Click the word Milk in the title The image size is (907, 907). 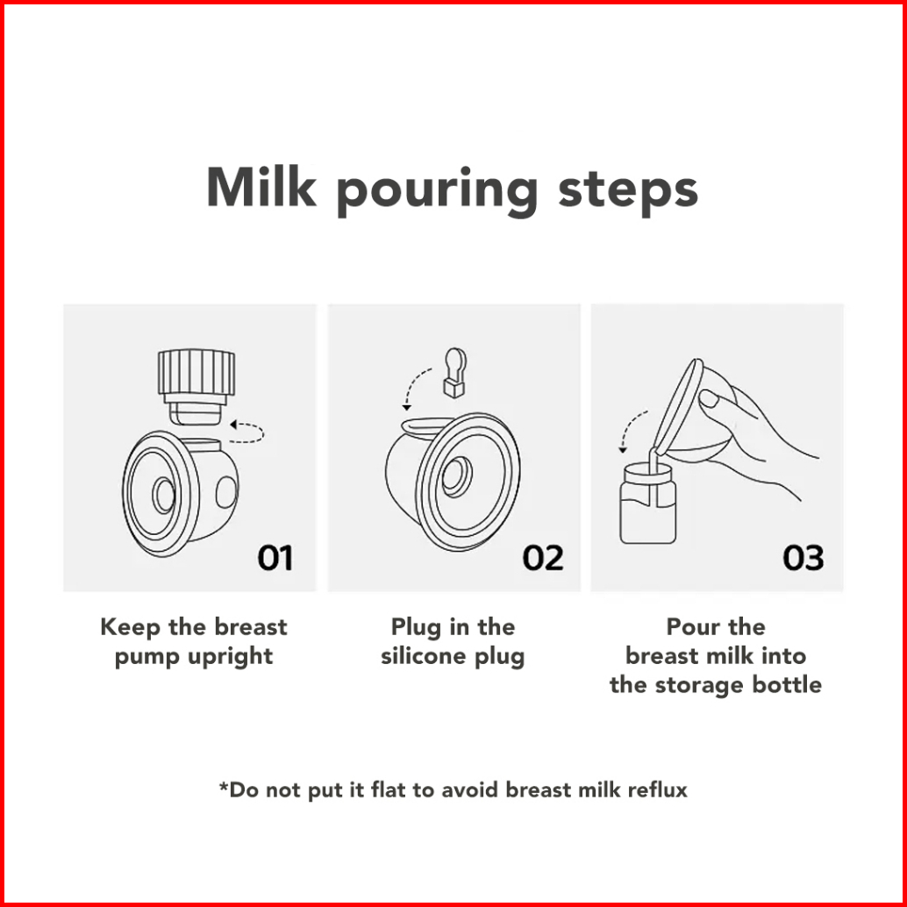(x=261, y=188)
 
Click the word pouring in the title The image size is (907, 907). (x=437, y=192)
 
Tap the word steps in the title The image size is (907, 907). (x=627, y=192)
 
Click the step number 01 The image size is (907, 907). (x=275, y=558)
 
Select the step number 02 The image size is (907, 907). (x=543, y=558)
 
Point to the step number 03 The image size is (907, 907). (x=803, y=558)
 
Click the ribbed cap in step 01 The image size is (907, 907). (x=196, y=373)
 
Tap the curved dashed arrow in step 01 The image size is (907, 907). (x=247, y=432)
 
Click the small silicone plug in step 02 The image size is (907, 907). (x=454, y=373)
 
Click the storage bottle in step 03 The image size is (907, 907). (x=648, y=503)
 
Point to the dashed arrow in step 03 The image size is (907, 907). (x=629, y=427)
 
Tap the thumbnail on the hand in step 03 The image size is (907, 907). (x=709, y=398)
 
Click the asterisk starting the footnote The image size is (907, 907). (x=224, y=786)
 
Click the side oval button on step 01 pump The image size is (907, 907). (x=226, y=492)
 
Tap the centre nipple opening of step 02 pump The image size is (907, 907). (x=458, y=476)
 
